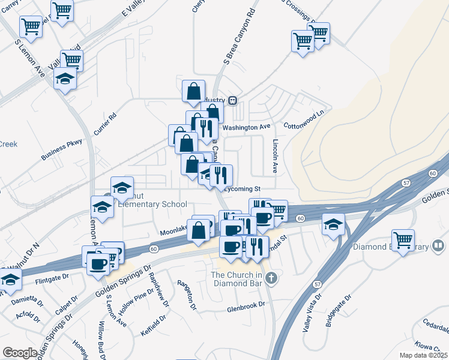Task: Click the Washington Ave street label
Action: (x=246, y=128)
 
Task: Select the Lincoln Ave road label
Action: (x=276, y=157)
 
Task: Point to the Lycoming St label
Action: (x=243, y=188)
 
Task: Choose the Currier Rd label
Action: (x=104, y=123)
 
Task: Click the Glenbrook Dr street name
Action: (x=246, y=305)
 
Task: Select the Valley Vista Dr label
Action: (x=313, y=312)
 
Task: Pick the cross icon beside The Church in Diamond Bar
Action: (x=271, y=277)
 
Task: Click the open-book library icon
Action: (x=439, y=246)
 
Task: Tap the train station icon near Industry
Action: (x=232, y=100)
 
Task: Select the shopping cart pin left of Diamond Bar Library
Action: (x=403, y=240)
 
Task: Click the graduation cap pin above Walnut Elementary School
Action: (x=122, y=187)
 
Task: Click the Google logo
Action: (x=19, y=353)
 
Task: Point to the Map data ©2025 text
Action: (x=423, y=355)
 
